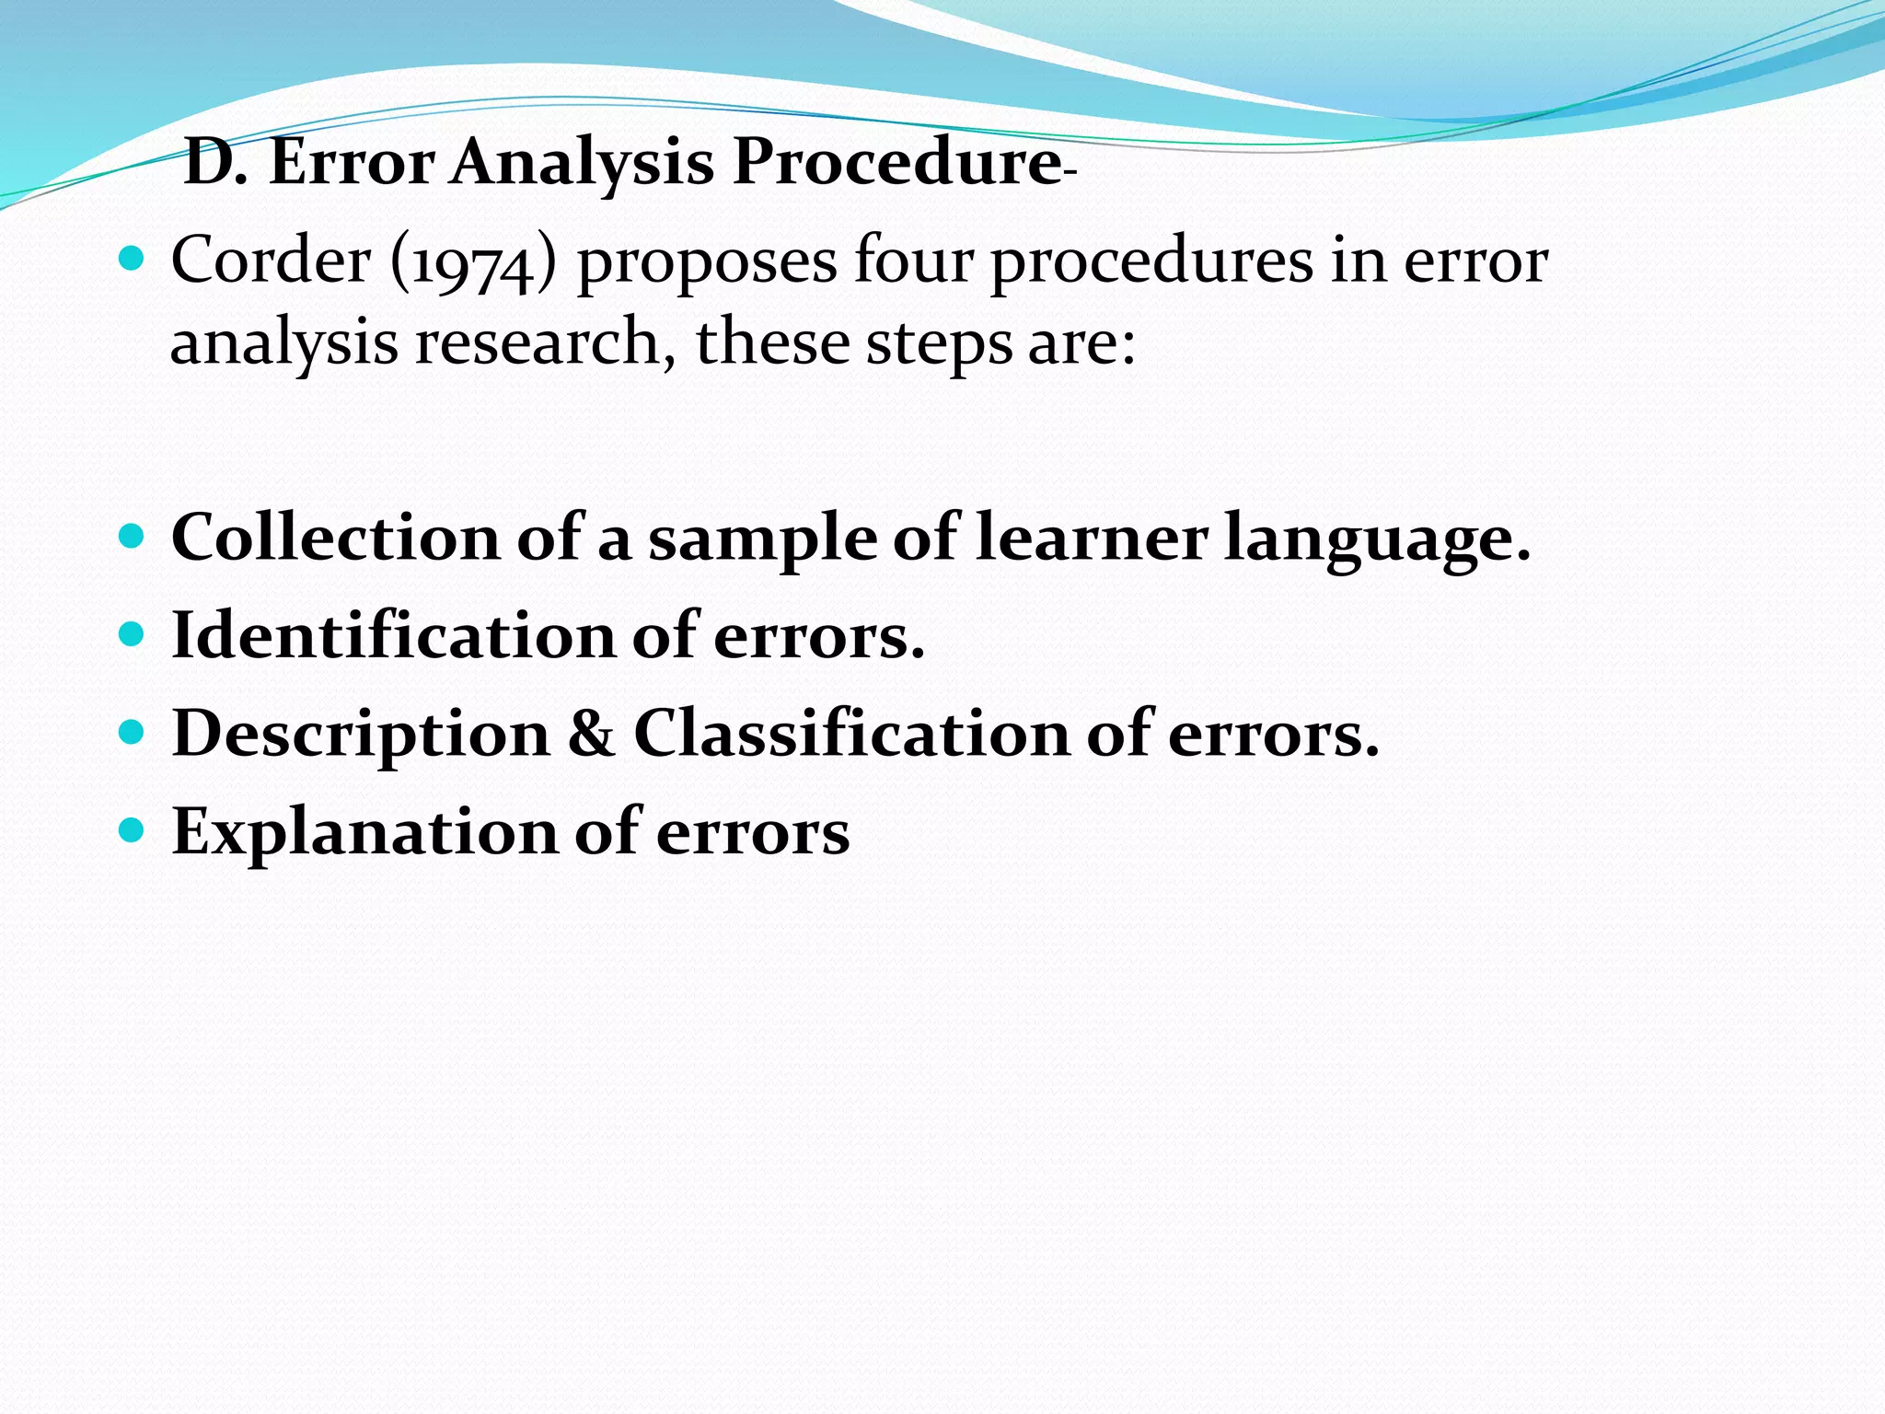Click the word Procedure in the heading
[897, 162]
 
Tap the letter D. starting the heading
[215, 162]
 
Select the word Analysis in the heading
[582, 164]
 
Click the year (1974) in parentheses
[474, 261]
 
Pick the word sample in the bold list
[762, 539]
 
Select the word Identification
[393, 635]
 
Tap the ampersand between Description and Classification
[591, 734]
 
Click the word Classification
[850, 734]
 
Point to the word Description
[361, 736]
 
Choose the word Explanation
[364, 833]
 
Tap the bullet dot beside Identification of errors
[133, 634]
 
